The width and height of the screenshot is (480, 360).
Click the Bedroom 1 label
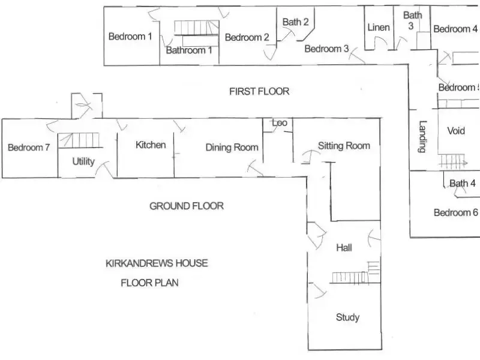click(130, 37)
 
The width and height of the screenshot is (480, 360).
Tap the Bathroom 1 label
click(189, 50)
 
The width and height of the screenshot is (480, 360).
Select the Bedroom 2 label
click(247, 37)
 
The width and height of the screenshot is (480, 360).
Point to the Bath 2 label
click(295, 22)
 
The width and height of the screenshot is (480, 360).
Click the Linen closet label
click(378, 27)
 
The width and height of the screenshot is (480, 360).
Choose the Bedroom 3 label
click(326, 49)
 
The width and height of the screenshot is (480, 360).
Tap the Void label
click(456, 131)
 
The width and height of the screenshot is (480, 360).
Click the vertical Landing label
click(423, 137)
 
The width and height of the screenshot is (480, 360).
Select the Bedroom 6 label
click(455, 212)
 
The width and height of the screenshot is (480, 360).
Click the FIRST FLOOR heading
click(259, 91)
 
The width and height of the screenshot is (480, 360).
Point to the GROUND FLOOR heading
click(186, 206)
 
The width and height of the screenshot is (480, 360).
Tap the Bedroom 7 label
click(28, 148)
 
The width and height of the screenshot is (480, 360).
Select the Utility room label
click(83, 161)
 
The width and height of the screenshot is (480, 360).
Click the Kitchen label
click(150, 145)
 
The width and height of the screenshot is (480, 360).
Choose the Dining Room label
click(232, 147)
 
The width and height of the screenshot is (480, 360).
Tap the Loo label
click(280, 123)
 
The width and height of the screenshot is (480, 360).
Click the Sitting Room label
click(344, 145)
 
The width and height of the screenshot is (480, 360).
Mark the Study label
click(347, 317)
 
